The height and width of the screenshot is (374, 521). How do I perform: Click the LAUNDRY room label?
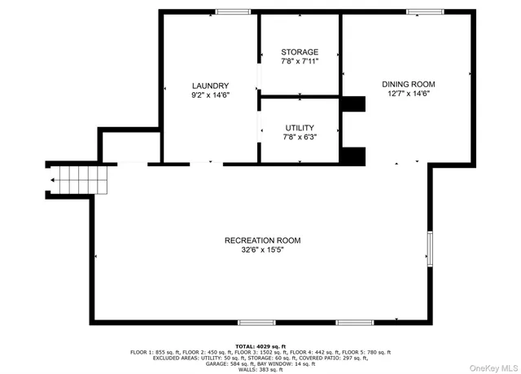pos(210,86)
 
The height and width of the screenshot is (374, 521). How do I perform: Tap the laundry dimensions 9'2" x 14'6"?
pos(210,95)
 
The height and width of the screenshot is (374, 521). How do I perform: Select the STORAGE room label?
pos(300,51)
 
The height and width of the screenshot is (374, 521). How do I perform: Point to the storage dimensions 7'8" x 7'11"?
pos(300,61)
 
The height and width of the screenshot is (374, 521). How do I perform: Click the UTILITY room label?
pos(300,128)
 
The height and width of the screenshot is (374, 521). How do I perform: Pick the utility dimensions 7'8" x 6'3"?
pos(300,138)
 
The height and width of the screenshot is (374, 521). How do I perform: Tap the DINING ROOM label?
pos(409,84)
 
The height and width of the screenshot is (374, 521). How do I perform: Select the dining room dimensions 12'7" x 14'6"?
pos(409,94)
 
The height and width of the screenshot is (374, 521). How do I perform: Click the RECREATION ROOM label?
pos(263,240)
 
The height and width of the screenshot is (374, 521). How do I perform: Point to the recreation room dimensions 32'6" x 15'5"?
pos(263,250)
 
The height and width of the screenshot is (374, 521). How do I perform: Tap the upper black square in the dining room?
pos(353,103)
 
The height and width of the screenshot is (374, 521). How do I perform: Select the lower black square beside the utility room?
pos(353,155)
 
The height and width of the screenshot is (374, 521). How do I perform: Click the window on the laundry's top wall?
pos(234,11)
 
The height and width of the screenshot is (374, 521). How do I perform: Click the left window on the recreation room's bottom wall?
pos(256,323)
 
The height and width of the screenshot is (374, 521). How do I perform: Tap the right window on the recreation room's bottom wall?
pos(355,323)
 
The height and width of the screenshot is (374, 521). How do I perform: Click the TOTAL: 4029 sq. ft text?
pos(260,346)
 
